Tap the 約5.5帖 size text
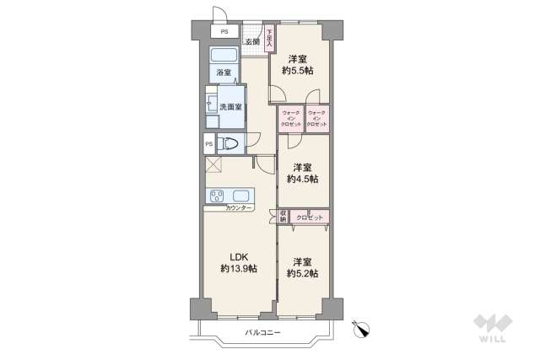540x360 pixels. [x=297, y=71]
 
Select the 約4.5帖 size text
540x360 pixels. [x=302, y=179]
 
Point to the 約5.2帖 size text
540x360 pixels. [x=302, y=273]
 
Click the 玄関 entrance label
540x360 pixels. [x=252, y=41]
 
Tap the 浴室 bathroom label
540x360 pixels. [x=223, y=73]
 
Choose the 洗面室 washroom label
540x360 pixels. [x=230, y=107]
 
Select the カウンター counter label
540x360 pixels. [x=239, y=207]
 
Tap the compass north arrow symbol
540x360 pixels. [x=362, y=330]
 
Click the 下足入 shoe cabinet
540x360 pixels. [x=270, y=38]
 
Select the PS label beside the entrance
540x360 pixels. [x=224, y=32]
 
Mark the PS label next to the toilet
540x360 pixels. [x=208, y=144]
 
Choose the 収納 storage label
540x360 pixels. [x=283, y=217]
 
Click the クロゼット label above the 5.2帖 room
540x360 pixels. [x=310, y=217]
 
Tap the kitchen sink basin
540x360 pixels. [x=240, y=196]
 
